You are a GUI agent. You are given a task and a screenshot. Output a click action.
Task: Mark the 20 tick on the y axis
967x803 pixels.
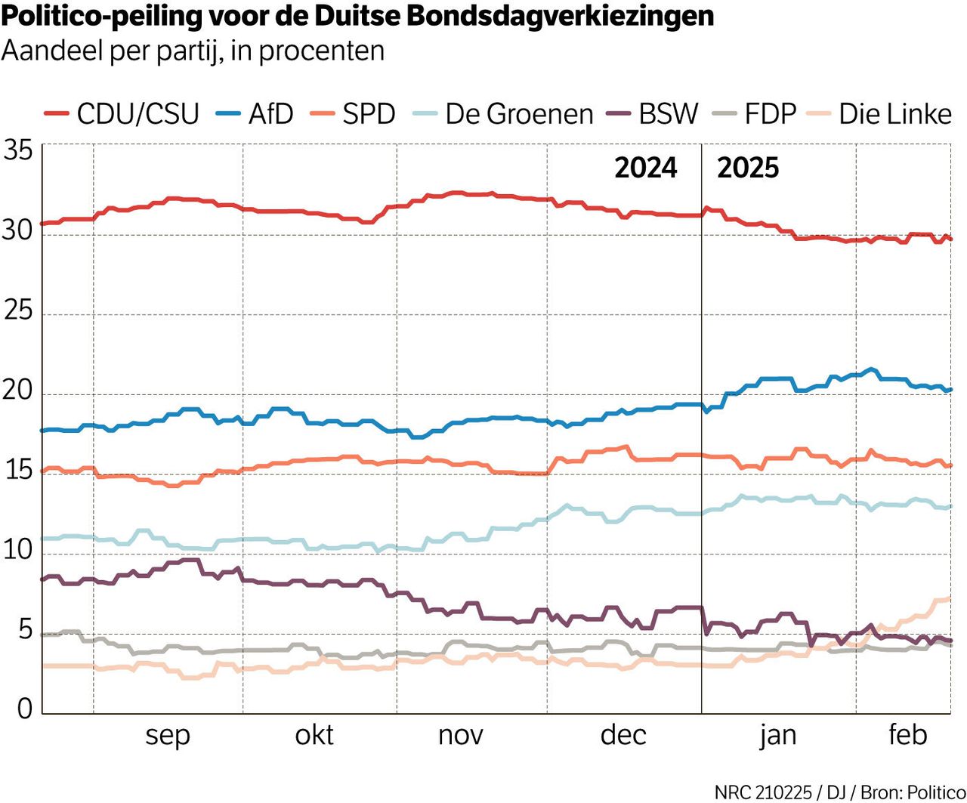pyautogui.click(x=18, y=391)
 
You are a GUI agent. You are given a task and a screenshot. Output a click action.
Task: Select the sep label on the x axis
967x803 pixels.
pyautogui.click(x=167, y=735)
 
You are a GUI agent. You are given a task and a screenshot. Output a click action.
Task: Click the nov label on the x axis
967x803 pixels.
pyautogui.click(x=460, y=735)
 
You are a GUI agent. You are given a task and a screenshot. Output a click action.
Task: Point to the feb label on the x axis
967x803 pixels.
pyautogui.click(x=907, y=735)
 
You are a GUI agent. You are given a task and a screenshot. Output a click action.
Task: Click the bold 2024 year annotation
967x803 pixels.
pyautogui.click(x=645, y=168)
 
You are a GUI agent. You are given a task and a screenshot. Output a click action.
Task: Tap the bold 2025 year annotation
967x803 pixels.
pyautogui.click(x=747, y=168)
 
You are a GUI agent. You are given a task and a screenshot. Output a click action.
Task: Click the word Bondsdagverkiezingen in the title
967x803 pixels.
pyautogui.click(x=560, y=16)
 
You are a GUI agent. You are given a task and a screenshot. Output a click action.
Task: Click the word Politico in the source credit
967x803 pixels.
pyautogui.click(x=936, y=792)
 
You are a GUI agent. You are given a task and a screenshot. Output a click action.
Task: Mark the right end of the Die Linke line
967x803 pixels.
pyautogui.click(x=950, y=598)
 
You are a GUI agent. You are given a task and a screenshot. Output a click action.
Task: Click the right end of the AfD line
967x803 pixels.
pyautogui.click(x=950, y=390)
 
